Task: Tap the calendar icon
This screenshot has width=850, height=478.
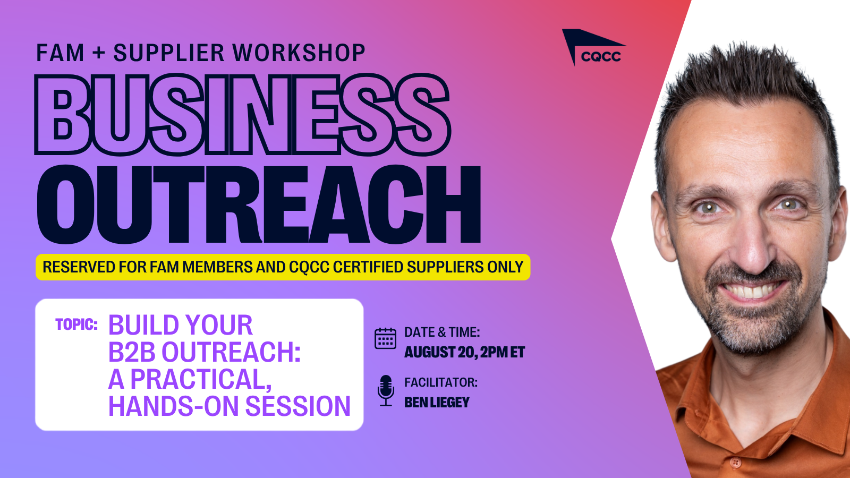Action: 385,338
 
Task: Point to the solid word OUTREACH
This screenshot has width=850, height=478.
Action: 259,204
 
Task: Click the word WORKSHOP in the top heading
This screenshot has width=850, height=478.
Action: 299,53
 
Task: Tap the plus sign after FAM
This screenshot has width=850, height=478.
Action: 98,52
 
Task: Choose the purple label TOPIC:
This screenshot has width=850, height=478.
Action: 76,325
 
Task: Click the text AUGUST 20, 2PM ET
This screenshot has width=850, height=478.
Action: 464,353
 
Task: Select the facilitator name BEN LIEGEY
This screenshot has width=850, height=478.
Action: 437,403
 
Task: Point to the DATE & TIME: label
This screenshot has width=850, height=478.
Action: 442,332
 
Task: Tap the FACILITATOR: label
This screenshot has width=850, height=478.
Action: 441,382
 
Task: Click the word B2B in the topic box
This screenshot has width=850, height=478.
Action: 132,352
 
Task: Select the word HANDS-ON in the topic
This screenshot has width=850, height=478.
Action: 174,406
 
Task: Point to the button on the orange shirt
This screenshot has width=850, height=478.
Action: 735,463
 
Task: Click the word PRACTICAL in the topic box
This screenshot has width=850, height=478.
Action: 201,379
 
